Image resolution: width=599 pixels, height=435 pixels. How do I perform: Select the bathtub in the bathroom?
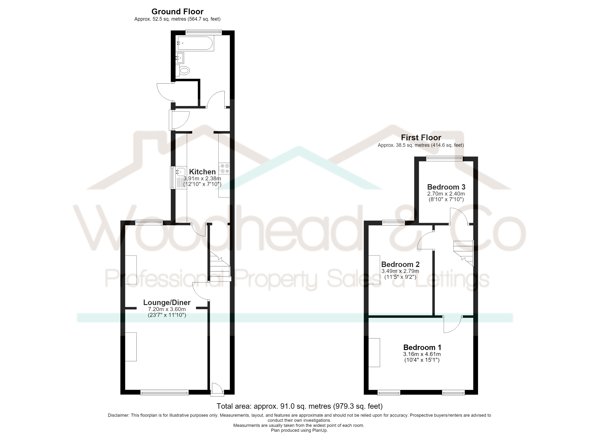[195, 43]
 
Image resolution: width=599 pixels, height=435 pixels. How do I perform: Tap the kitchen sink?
[179, 178]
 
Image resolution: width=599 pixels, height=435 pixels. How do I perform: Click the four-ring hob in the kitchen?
[224, 169]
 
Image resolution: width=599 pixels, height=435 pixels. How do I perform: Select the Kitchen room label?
[202, 172]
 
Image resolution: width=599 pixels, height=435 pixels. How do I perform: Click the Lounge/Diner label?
[167, 303]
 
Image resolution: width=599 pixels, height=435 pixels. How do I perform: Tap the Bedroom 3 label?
[446, 187]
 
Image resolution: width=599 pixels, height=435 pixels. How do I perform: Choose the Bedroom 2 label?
[400, 264]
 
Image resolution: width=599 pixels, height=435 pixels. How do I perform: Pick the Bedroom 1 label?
[422, 347]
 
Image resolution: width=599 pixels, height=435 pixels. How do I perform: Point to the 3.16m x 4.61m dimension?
[422, 354]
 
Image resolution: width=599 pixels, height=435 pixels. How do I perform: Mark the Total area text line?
[299, 406]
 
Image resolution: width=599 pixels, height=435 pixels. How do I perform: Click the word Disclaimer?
[119, 415]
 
